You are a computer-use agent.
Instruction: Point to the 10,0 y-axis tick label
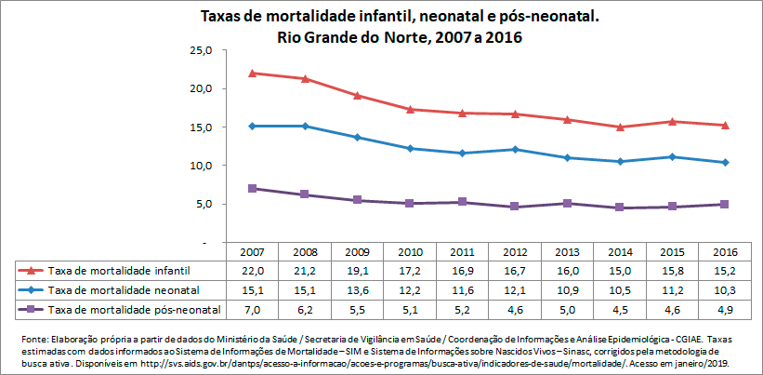pyautogui.click(x=202, y=166)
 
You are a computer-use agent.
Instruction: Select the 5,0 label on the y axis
pyautogui.click(x=204, y=204)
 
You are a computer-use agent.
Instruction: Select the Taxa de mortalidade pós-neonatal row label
pyautogui.click(x=134, y=308)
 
